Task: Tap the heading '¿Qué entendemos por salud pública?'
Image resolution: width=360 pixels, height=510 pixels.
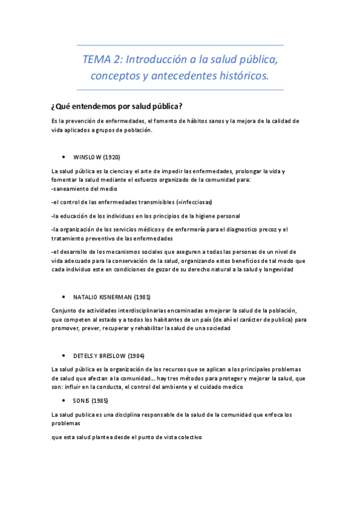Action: point(117,107)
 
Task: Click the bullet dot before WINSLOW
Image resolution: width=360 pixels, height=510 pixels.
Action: point(63,157)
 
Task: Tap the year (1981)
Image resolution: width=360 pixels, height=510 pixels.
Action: point(142,297)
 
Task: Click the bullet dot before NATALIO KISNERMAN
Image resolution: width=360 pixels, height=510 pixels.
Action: point(63,297)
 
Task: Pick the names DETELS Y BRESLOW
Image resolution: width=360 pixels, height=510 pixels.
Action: point(99,355)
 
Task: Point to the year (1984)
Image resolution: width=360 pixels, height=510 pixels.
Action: point(136,355)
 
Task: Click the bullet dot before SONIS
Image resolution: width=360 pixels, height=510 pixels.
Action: point(63,400)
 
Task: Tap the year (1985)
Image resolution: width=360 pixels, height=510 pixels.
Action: point(100,400)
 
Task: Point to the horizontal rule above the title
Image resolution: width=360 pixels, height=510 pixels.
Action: point(180,45)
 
